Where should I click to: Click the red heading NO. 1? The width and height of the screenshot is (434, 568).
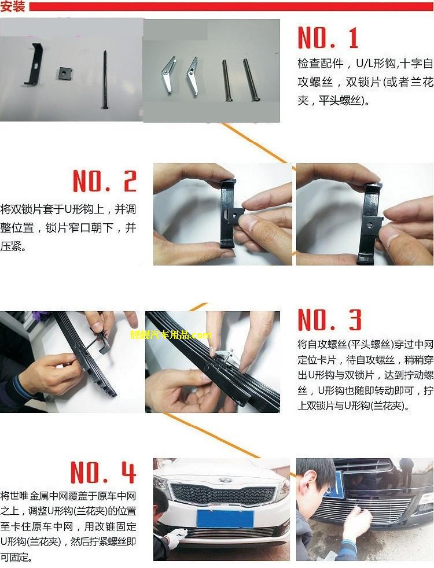[x=328, y=38]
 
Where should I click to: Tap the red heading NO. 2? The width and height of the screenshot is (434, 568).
[x=105, y=181]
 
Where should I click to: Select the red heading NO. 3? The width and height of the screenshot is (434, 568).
[x=329, y=319]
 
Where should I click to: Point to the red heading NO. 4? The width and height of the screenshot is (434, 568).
[x=103, y=472]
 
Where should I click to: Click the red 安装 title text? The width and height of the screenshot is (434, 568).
[x=13, y=6]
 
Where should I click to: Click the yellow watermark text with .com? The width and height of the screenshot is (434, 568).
[x=171, y=335]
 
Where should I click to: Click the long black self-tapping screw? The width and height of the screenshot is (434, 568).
[x=104, y=79]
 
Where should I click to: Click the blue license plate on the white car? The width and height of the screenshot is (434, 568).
[x=225, y=519]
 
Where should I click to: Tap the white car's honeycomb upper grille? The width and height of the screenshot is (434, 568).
[x=223, y=494]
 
